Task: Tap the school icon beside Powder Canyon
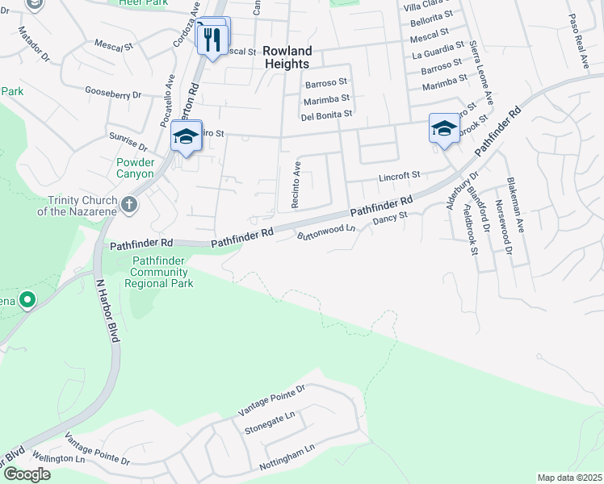(x=186, y=138)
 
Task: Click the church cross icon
(x=129, y=205)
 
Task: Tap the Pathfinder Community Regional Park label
(x=159, y=272)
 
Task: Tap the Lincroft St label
(x=400, y=174)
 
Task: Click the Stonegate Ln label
(x=270, y=423)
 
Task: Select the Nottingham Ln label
(x=286, y=458)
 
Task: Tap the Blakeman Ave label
(x=515, y=205)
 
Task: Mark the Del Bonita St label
(x=326, y=115)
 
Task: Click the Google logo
(x=27, y=474)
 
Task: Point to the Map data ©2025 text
(x=569, y=478)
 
